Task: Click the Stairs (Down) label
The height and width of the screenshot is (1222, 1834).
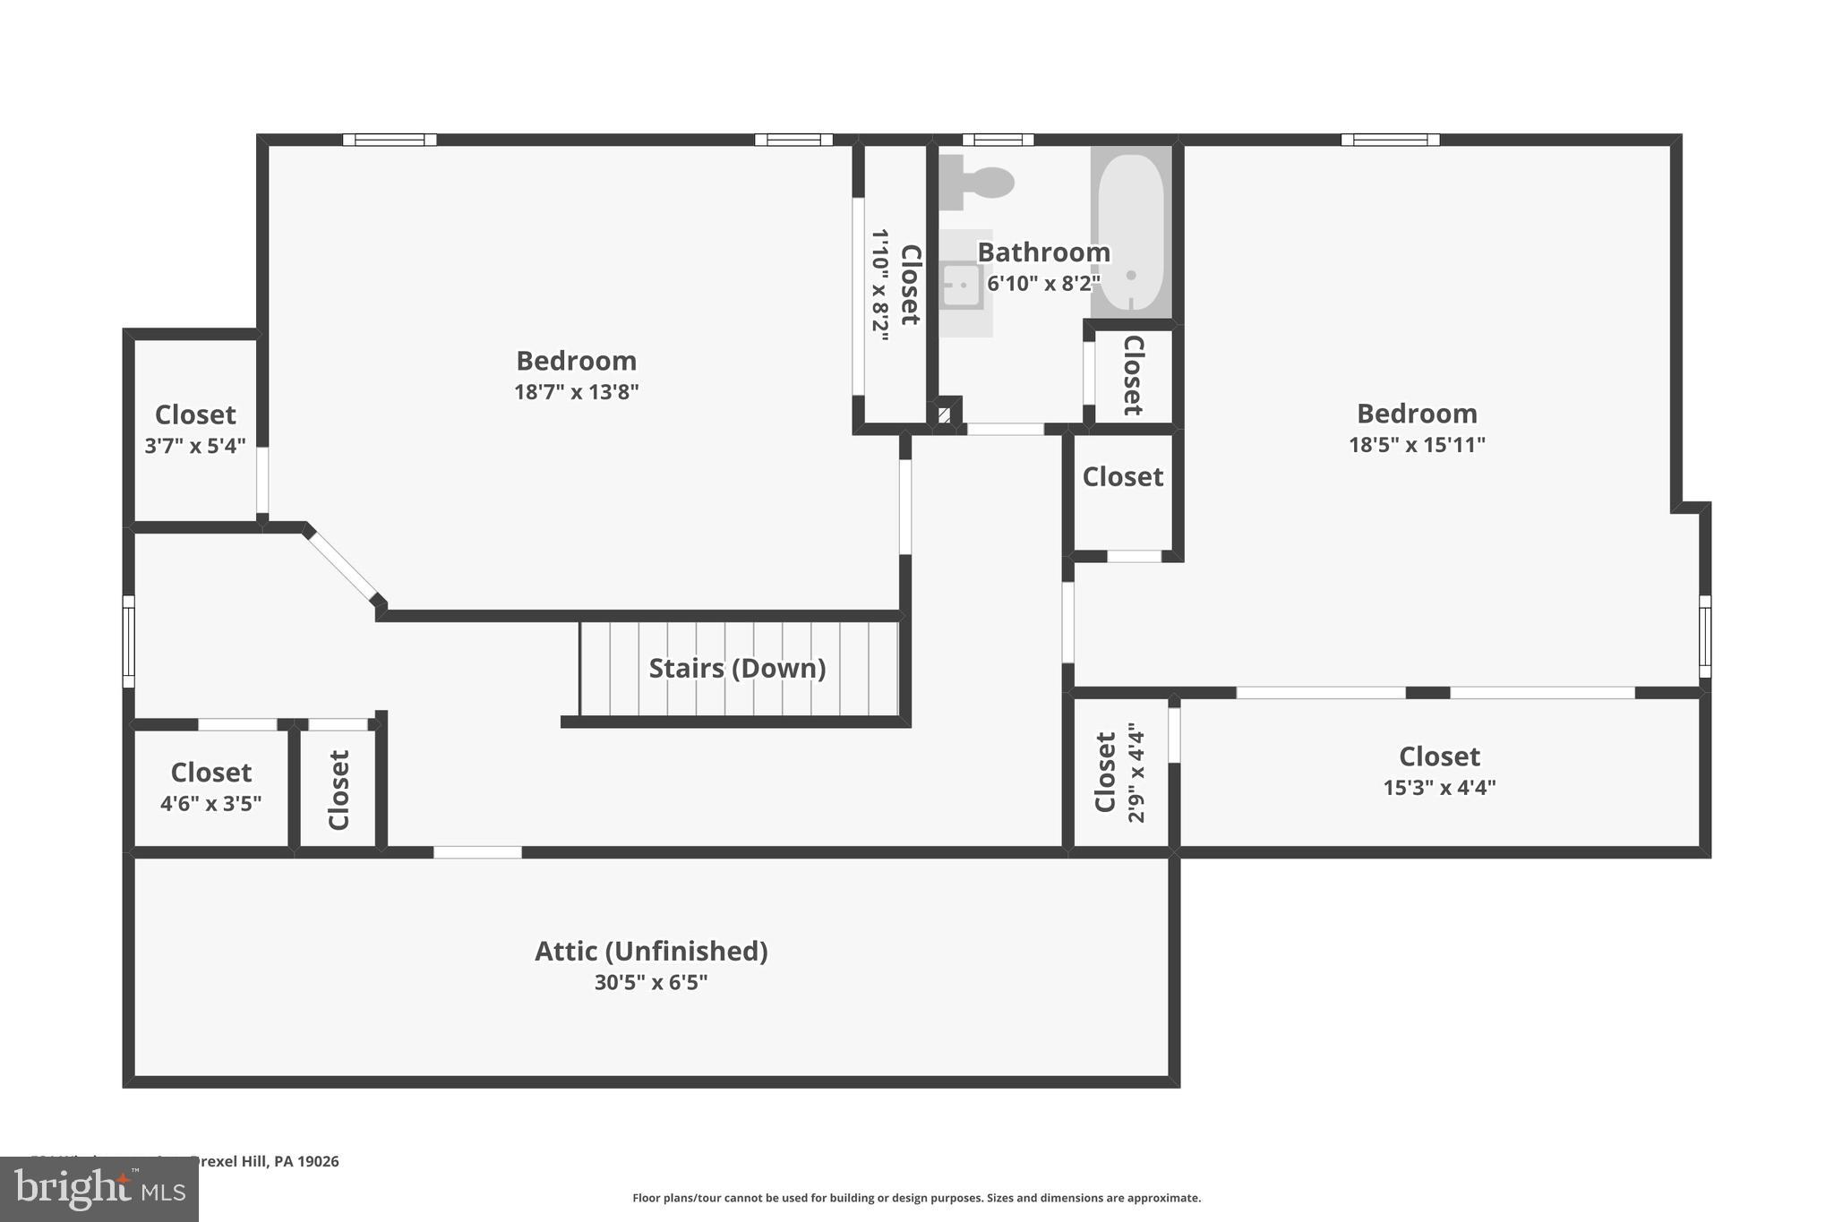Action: click(737, 669)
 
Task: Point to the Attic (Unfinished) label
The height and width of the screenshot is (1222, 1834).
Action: click(651, 951)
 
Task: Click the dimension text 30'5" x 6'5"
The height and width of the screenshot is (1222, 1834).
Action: click(651, 983)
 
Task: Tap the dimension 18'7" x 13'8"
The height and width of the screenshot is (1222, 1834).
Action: click(576, 392)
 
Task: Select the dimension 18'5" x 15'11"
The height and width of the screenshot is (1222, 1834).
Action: click(1417, 445)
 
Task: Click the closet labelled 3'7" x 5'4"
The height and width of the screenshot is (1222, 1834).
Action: click(195, 429)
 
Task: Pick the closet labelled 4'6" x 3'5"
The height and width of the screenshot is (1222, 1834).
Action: click(210, 786)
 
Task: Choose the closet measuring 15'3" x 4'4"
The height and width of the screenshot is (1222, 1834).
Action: click(1439, 771)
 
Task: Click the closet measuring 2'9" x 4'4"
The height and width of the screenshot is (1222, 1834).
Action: click(1119, 773)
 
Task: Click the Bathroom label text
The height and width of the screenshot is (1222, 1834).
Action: click(1043, 252)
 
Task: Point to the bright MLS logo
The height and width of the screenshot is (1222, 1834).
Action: click(99, 1189)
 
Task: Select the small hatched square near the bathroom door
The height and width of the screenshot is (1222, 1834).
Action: click(944, 414)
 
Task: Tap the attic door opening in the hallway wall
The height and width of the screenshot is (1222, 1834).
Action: click(477, 852)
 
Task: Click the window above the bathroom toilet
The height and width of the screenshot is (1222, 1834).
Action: click(998, 140)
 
